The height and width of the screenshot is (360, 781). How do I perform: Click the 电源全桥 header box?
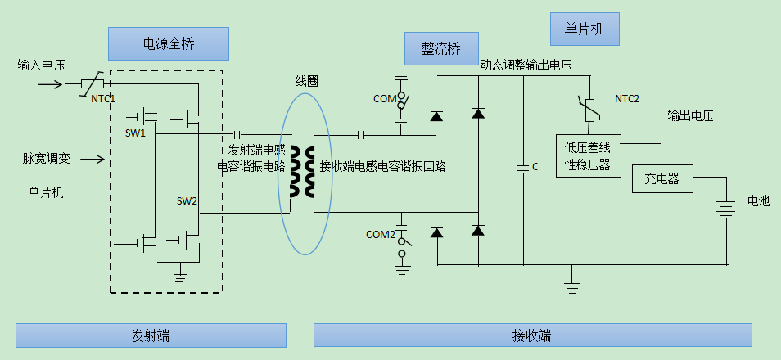pyautogui.click(x=168, y=43)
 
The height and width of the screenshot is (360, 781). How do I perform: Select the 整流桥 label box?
pyautogui.click(x=440, y=49)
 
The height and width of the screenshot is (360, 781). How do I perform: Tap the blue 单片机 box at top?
pyautogui.click(x=585, y=29)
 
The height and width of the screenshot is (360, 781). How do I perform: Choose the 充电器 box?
pyautogui.click(x=662, y=178)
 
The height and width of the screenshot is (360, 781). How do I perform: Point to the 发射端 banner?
pyautogui.click(x=151, y=335)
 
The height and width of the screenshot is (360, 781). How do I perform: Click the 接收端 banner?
pyautogui.click(x=532, y=335)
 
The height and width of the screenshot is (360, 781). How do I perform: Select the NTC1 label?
pyautogui.click(x=103, y=98)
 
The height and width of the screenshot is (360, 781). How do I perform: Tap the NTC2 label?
pyautogui.click(x=627, y=99)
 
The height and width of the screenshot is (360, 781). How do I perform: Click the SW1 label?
pyautogui.click(x=135, y=133)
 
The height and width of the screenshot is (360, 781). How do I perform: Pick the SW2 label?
pyautogui.click(x=187, y=201)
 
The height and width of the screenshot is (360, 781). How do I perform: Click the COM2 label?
pyautogui.click(x=380, y=235)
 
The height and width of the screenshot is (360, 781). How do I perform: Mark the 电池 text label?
pyautogui.click(x=759, y=200)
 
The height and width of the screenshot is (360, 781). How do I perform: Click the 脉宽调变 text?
pyautogui.click(x=46, y=158)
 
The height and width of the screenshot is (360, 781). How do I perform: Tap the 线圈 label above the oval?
pyautogui.click(x=306, y=81)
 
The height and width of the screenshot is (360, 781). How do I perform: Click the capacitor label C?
pyautogui.click(x=535, y=167)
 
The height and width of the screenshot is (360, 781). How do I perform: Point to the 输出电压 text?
pyautogui.click(x=690, y=115)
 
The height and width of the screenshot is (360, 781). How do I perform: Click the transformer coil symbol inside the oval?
pyautogui.click(x=309, y=173)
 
